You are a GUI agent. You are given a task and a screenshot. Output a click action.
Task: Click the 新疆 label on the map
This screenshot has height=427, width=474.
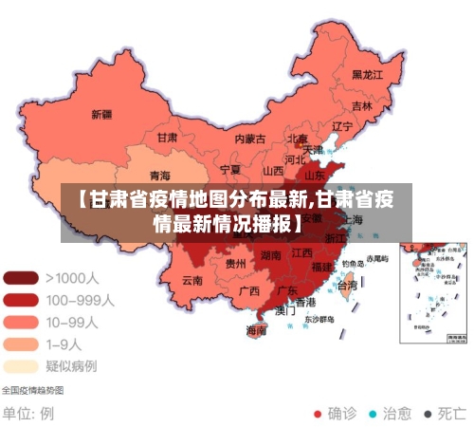(101, 115)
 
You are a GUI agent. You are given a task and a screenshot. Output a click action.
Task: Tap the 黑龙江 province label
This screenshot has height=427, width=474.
(367, 74)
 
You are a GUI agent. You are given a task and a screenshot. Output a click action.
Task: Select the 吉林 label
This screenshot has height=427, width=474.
(362, 106)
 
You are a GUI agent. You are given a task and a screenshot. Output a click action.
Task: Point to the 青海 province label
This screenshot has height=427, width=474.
(160, 176)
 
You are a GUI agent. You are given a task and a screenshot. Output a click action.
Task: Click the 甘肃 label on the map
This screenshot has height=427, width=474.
(167, 137)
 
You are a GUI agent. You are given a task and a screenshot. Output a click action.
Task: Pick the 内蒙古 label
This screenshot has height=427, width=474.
(250, 139)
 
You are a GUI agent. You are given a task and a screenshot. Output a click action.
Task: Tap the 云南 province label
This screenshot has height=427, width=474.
(192, 280)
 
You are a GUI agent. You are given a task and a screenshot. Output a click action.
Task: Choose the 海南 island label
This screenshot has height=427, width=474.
(256, 331)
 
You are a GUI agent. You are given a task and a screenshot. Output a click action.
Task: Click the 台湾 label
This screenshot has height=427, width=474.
(348, 285)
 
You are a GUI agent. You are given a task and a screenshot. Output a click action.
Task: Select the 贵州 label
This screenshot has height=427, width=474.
(236, 263)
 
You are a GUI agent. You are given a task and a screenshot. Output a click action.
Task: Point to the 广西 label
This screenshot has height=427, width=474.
(249, 290)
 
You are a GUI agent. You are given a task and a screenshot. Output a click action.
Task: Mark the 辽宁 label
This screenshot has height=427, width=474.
(342, 126)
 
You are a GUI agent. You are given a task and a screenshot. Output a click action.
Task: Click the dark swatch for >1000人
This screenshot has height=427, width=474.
(20, 278)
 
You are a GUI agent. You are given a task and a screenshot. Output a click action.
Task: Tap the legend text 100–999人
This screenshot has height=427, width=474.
(80, 300)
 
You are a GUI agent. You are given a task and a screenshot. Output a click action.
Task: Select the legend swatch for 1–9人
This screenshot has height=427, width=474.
(20, 343)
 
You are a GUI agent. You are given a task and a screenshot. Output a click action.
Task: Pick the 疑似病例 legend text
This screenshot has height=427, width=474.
(71, 365)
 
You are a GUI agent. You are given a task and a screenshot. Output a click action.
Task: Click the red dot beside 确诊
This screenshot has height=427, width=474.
(318, 414)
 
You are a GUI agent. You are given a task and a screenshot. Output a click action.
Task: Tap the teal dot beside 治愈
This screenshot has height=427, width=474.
(373, 414)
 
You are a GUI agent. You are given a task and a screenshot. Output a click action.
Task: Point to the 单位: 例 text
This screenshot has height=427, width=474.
(28, 414)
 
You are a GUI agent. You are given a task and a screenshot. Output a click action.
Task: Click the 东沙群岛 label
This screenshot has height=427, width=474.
(321, 320)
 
